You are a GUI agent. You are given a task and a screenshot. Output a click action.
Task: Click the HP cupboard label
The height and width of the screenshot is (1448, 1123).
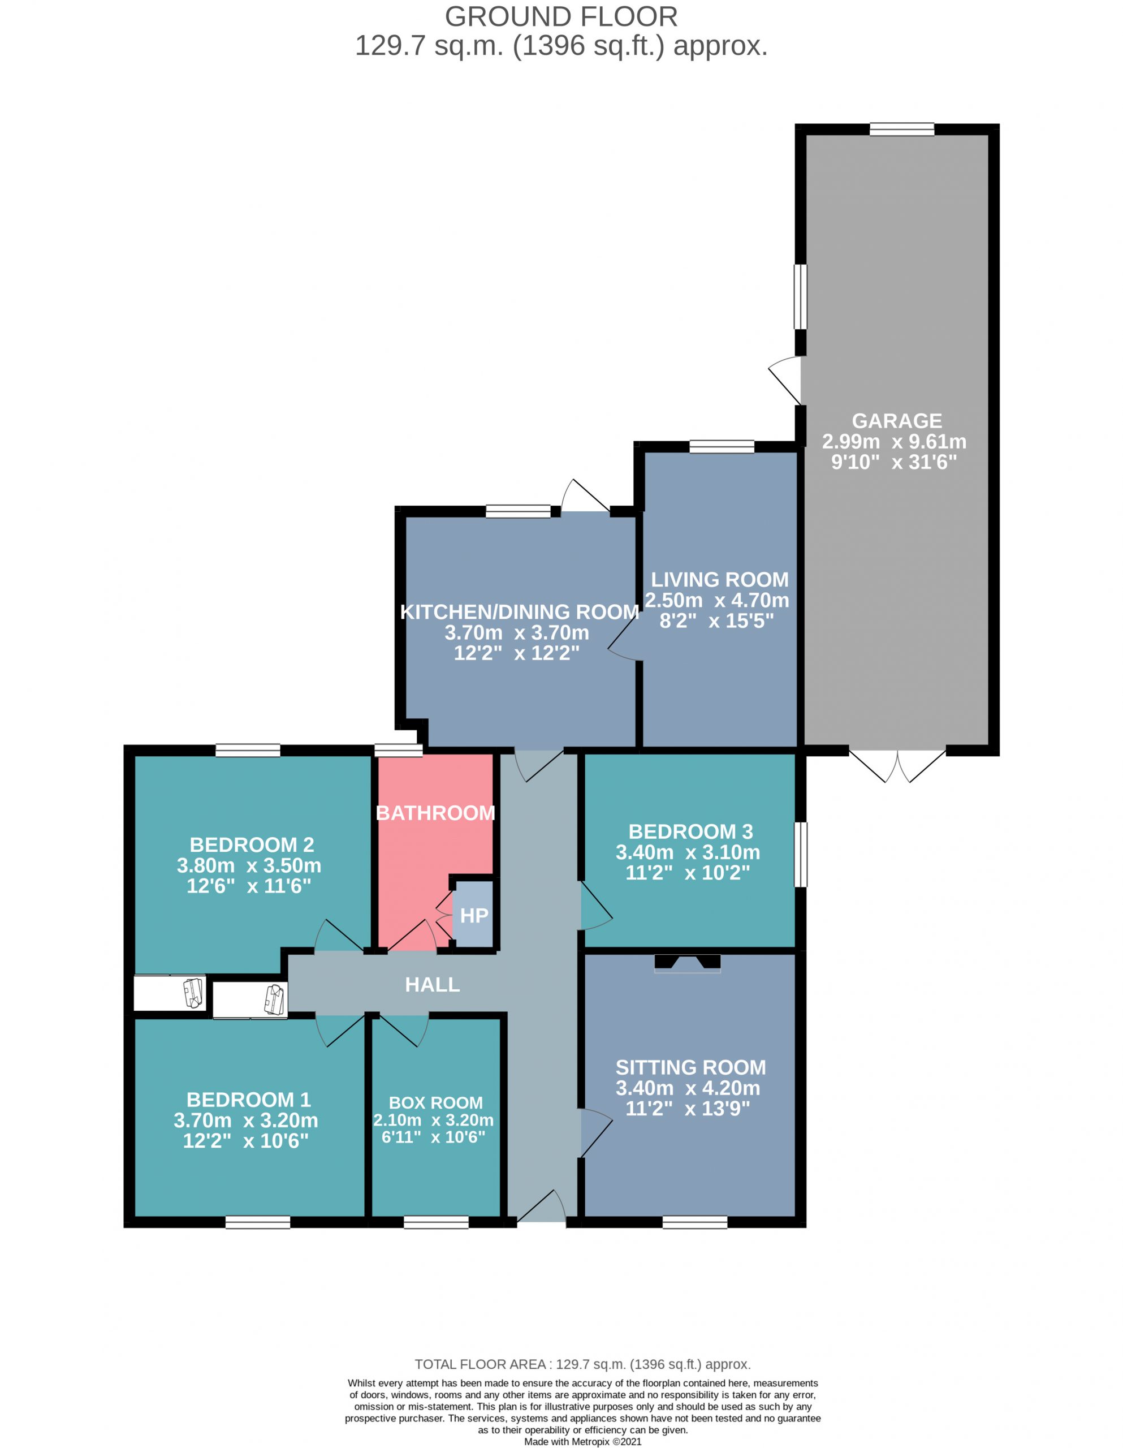click(x=474, y=916)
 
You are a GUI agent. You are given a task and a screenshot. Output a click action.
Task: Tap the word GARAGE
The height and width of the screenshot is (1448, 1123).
click(x=896, y=421)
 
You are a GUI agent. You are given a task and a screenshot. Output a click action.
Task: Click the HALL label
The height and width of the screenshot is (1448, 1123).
click(x=432, y=985)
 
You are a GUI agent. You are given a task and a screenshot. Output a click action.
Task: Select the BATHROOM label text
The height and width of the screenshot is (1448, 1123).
click(x=435, y=813)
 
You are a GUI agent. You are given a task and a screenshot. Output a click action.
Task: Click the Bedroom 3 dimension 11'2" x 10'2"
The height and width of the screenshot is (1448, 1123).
click(x=688, y=873)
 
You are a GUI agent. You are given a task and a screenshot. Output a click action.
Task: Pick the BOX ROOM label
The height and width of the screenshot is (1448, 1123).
click(x=435, y=1102)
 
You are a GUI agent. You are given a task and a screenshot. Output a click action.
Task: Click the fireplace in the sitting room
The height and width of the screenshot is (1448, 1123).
click(x=688, y=963)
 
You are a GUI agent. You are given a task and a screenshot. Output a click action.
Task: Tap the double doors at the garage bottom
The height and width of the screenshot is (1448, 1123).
click(x=897, y=766)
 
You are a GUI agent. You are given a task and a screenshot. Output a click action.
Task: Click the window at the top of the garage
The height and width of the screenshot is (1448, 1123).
click(x=901, y=130)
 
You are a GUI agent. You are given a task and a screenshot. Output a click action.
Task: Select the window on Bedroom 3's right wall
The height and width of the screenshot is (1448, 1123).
click(x=801, y=855)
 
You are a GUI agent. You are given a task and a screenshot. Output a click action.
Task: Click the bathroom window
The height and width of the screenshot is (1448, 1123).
click(x=399, y=751)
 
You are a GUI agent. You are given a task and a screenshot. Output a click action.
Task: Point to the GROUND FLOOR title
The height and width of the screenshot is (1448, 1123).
click(x=561, y=16)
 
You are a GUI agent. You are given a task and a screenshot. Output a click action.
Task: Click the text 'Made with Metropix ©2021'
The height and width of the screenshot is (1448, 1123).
click(x=583, y=1441)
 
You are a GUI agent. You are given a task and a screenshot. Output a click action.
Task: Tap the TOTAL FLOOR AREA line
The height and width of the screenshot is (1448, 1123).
click(x=583, y=1364)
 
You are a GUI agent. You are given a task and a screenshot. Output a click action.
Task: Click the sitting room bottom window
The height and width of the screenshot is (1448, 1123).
click(x=695, y=1222)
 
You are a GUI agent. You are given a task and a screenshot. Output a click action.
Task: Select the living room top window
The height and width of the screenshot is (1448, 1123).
click(x=722, y=447)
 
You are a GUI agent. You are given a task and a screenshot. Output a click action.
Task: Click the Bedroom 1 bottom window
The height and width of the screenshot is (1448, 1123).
click(x=258, y=1222)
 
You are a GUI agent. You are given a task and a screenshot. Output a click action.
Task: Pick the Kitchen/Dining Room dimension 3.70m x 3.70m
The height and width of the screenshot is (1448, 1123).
click(x=516, y=632)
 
